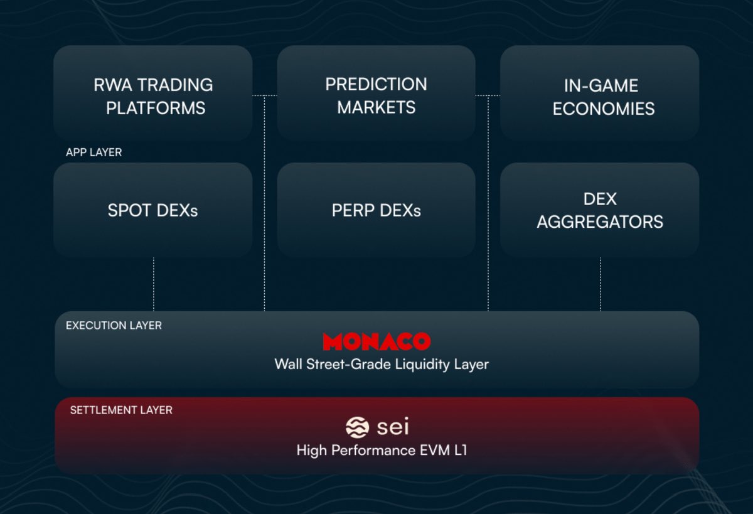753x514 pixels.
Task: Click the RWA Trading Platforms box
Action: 153,93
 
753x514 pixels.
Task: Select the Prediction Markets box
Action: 376,93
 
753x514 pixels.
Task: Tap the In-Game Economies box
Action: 600,93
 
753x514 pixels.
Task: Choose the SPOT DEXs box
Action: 153,210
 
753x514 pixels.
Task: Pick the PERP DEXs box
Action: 376,210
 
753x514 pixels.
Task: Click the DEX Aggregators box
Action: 600,210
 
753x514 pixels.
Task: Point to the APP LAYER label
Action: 93,153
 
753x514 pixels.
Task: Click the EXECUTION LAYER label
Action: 114,326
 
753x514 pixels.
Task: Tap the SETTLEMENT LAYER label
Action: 121,410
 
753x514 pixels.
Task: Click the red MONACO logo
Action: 376,341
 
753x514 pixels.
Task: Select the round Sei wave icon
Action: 357,427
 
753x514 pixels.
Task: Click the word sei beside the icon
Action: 393,427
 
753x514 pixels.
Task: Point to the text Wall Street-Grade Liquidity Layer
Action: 382,365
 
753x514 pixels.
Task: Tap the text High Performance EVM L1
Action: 382,451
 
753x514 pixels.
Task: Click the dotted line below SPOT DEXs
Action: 154,284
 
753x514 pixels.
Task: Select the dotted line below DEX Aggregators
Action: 601,284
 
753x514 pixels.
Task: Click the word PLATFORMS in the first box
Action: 156,108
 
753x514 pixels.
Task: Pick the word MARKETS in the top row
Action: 376,107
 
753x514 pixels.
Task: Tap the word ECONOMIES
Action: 604,109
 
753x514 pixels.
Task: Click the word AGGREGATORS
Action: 600,222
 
